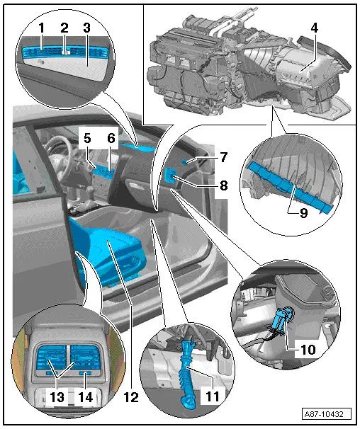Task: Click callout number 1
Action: (42, 28)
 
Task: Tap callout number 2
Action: (64, 28)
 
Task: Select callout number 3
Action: (86, 28)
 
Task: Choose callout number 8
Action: (203, 186)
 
